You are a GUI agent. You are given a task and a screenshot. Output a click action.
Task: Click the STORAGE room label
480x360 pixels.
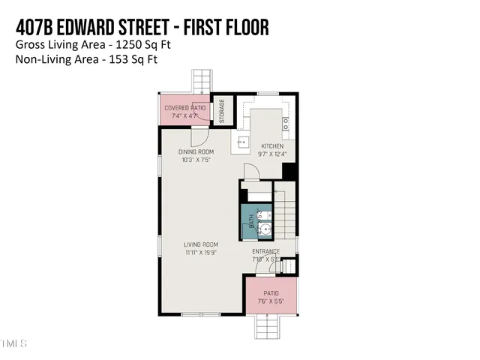pyautogui.click(x=222, y=112)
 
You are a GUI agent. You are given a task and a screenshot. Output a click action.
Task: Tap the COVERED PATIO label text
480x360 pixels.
pyautogui.click(x=184, y=107)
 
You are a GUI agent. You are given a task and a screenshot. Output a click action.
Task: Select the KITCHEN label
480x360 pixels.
pyautogui.click(x=271, y=145)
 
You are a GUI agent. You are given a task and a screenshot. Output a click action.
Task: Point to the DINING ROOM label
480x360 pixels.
pyautogui.click(x=196, y=152)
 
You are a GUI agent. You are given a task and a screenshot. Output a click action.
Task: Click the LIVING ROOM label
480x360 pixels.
pyautogui.click(x=201, y=244)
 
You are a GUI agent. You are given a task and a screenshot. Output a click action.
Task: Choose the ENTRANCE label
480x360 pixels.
pyautogui.click(x=265, y=251)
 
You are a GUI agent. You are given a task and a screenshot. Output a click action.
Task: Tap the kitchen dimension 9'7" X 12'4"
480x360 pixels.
pyautogui.click(x=271, y=154)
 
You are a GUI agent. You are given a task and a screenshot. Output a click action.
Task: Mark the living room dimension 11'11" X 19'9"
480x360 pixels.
pyautogui.click(x=201, y=253)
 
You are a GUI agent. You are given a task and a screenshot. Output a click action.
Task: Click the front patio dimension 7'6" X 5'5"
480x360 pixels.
pyautogui.click(x=271, y=301)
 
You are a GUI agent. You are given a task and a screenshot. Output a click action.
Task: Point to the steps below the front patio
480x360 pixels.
pyautogui.click(x=268, y=328)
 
